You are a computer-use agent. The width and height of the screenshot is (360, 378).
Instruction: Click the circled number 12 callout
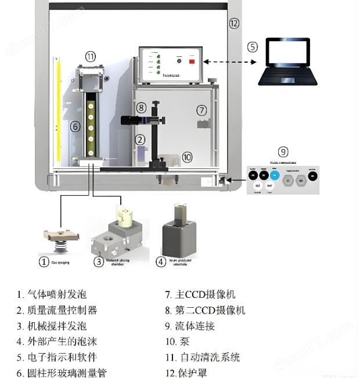pos(233,24)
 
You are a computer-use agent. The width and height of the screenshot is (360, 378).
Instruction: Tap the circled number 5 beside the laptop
pos(252,46)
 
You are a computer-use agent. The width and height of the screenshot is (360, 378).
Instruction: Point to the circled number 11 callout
pos(90,56)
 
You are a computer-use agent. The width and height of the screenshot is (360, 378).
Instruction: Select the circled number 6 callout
pos(74,126)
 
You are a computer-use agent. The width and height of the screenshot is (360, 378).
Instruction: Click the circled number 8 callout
pos(141,107)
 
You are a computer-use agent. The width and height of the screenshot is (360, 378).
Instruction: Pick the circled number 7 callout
pos(201,110)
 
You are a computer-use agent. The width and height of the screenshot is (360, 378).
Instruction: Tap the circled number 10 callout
pos(186,157)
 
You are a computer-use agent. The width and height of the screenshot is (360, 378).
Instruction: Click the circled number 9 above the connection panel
pos(283,152)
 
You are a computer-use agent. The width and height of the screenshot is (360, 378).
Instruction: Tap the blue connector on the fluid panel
pos(274,174)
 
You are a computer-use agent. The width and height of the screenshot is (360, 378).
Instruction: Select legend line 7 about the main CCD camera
pos(200,294)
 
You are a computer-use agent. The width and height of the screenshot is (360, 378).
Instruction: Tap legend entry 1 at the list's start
pos(52,294)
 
